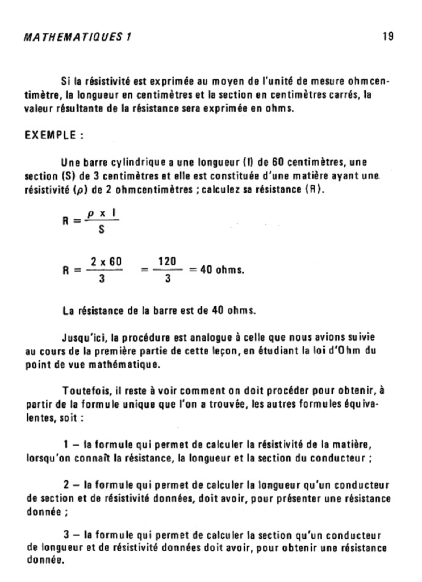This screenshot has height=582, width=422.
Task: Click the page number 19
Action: pyautogui.click(x=388, y=36)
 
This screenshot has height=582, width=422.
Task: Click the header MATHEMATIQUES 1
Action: pyautogui.click(x=79, y=37)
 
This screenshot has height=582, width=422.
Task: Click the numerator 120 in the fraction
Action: pyautogui.click(x=168, y=261)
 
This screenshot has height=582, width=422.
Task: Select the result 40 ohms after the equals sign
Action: pyautogui.click(x=222, y=270)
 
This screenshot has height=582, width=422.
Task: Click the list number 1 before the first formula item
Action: pyautogui.click(x=66, y=443)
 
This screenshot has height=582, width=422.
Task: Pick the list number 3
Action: pyautogui.click(x=66, y=535)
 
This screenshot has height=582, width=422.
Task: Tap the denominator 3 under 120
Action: pyautogui.click(x=168, y=279)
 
